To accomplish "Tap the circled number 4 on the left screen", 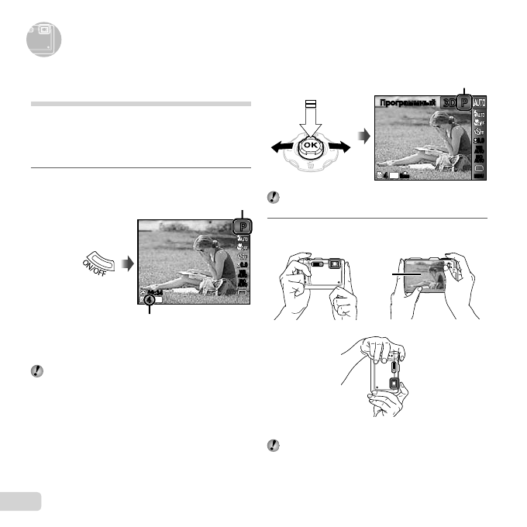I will click(148, 298).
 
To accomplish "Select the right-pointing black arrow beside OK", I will click(342, 146).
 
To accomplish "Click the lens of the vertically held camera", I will click(394, 384).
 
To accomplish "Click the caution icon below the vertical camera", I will click(273, 446).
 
